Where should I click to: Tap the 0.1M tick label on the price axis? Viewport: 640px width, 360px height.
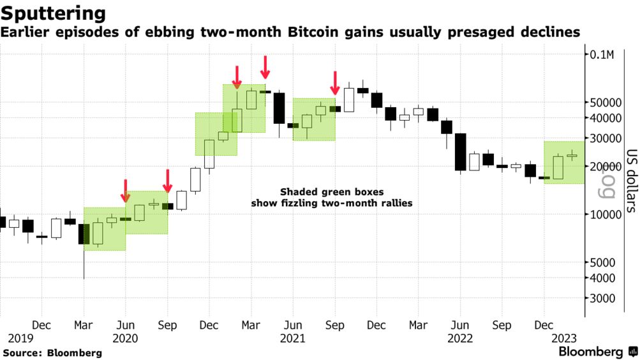(x=602, y=55)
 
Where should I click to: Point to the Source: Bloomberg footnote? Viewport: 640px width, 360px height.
(x=52, y=352)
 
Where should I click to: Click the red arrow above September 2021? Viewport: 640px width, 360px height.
(x=334, y=82)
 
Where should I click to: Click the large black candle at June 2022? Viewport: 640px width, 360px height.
(x=460, y=152)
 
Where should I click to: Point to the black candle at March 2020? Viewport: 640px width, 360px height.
(x=84, y=234)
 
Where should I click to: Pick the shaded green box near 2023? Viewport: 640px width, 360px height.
(x=564, y=162)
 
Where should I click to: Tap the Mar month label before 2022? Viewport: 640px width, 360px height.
(x=418, y=326)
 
